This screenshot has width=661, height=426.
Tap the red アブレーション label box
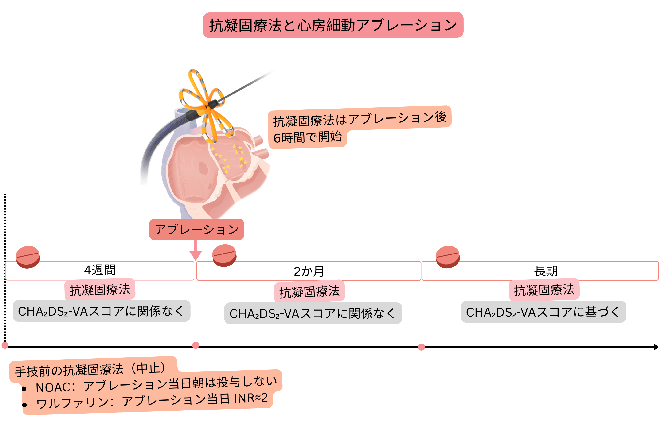196,229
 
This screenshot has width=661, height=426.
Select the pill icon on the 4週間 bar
28,257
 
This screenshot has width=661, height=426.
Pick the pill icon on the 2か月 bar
224,255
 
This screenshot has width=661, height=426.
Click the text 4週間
100,270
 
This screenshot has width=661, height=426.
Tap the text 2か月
309,271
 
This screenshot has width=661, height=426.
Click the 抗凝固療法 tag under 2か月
309,292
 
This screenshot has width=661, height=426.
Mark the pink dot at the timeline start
5,345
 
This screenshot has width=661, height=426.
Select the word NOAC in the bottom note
53,387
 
